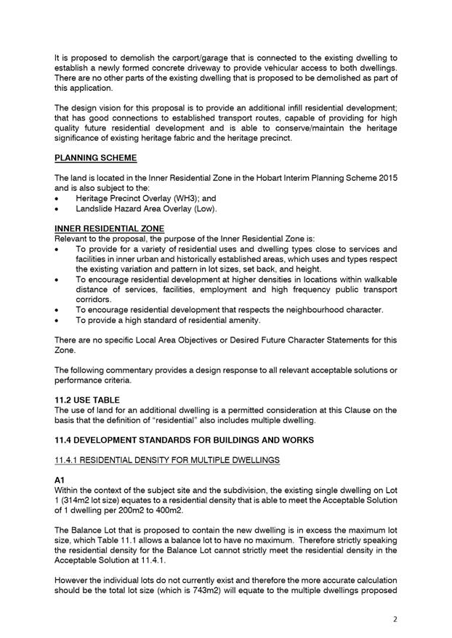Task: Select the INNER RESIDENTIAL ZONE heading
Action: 109,227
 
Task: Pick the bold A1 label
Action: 60,480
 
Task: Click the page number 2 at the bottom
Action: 395,618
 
